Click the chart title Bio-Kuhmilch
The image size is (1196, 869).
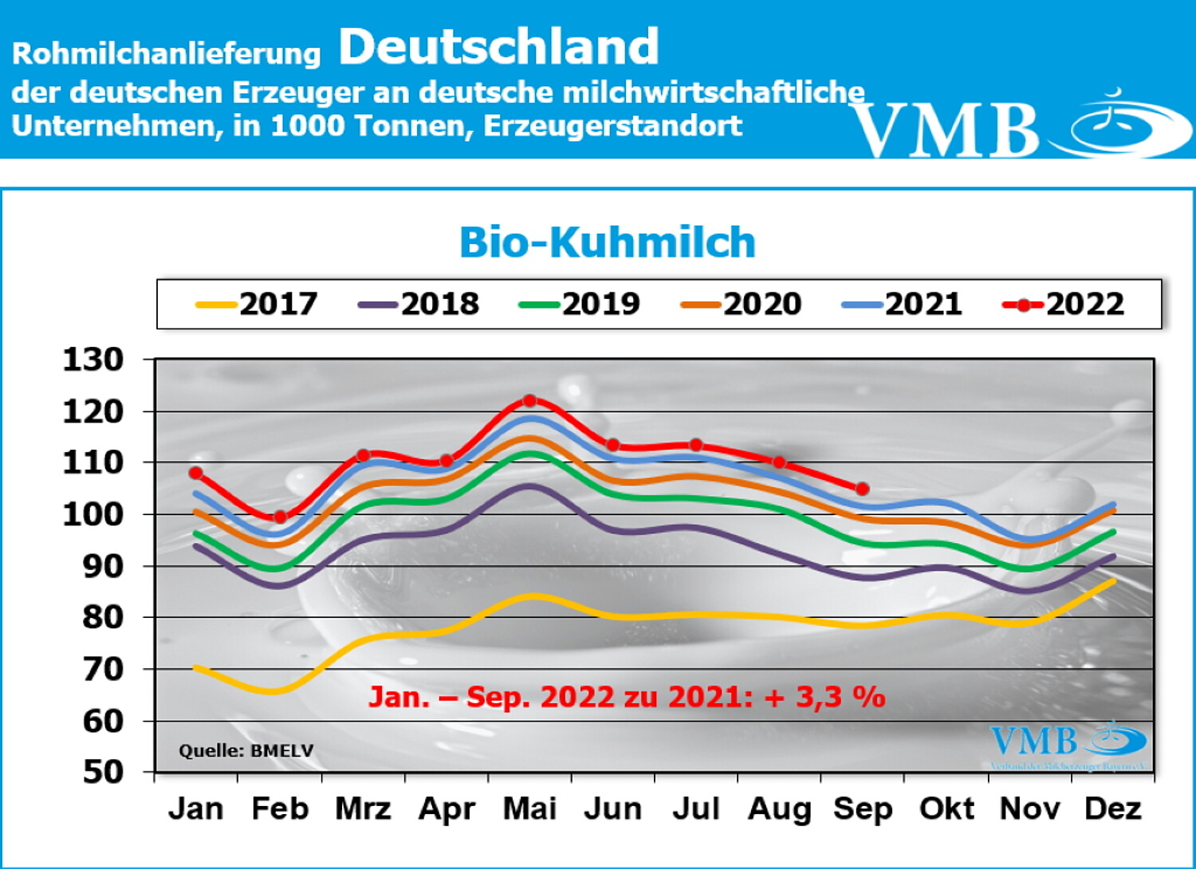(607, 242)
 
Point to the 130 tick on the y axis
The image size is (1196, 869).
(93, 360)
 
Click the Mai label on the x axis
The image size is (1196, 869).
(529, 808)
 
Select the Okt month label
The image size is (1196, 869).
(946, 808)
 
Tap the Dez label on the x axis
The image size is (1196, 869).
(1113, 808)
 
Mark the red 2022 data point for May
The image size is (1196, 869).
(529, 400)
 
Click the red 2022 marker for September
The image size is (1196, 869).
(862, 489)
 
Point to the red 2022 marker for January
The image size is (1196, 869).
(196, 473)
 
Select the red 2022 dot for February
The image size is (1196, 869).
(280, 517)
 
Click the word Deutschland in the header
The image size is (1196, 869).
(499, 46)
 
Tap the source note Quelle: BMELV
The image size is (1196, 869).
(246, 750)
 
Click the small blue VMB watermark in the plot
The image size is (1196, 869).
(1034, 742)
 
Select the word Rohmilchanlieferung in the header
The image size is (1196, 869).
(166, 53)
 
